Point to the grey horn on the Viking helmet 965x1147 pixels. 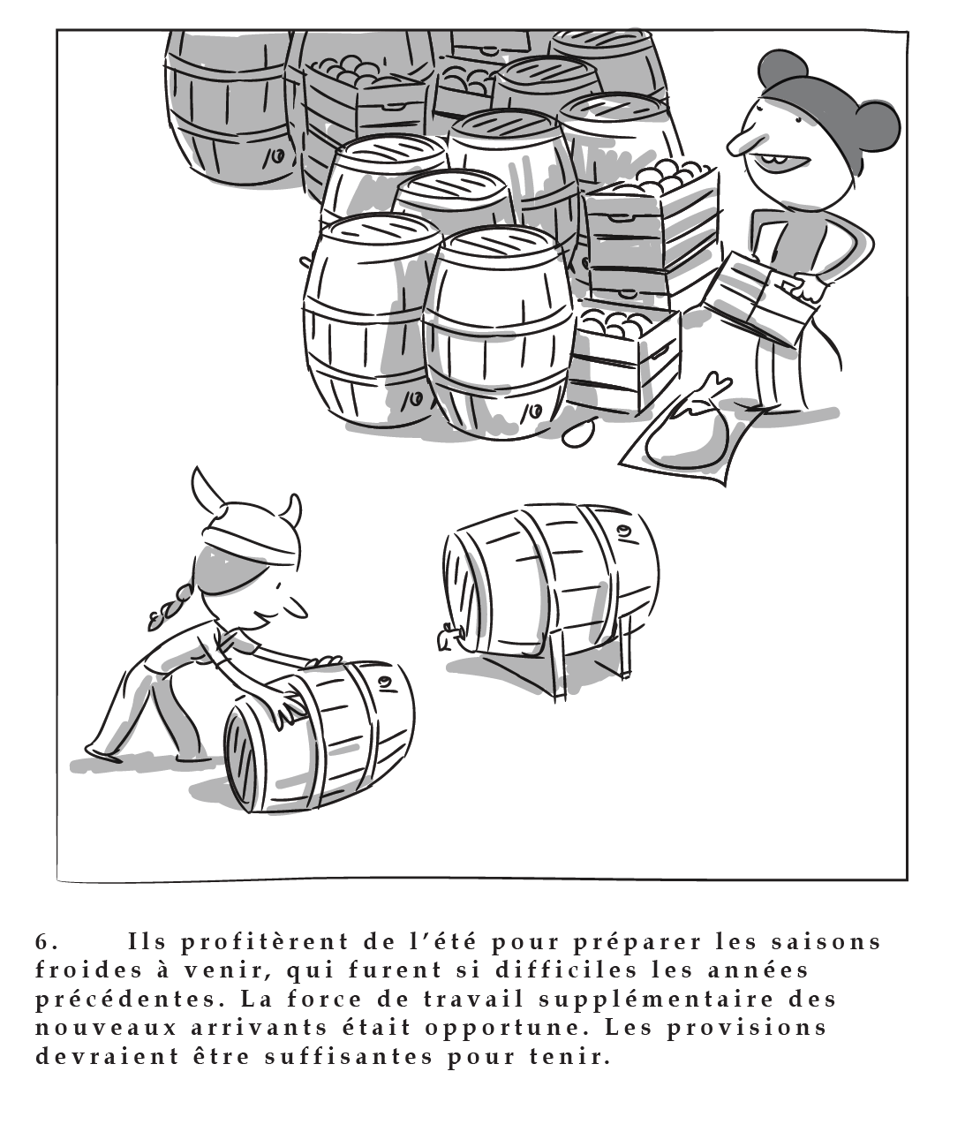click(x=290, y=509)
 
